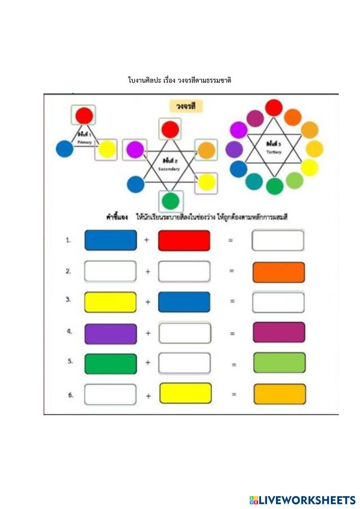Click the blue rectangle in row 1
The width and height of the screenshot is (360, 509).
111,240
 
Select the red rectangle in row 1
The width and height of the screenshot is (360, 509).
184,240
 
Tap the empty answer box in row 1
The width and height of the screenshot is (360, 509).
278,240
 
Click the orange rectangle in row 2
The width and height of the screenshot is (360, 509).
279,272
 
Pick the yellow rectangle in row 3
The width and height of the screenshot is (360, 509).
111,302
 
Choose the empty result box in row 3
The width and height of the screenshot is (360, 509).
278,302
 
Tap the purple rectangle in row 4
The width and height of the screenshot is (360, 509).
111,334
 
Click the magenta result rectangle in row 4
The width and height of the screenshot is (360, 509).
279,332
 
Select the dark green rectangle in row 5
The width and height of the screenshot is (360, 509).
111,364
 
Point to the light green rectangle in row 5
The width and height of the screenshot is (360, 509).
279,363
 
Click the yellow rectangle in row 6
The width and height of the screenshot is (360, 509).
185,393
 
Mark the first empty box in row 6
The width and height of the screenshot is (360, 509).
111,395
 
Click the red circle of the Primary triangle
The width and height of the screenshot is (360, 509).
84,116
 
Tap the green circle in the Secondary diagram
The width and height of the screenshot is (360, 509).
171,201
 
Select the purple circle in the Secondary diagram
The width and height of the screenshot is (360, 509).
135,149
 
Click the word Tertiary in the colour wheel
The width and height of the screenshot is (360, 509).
274,152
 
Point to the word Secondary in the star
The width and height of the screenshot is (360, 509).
169,169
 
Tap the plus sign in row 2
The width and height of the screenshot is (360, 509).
148,271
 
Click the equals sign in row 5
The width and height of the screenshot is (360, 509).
234,365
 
